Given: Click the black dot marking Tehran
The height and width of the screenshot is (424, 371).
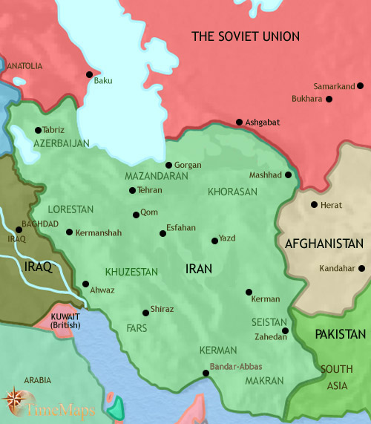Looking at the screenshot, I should [132, 191].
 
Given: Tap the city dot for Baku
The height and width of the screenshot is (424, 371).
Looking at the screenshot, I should [90, 74].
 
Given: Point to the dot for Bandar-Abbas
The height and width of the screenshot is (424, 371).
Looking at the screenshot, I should [206, 374].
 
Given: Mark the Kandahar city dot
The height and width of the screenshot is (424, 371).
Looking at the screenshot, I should [361, 268].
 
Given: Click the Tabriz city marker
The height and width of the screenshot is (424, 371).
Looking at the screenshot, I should [38, 130].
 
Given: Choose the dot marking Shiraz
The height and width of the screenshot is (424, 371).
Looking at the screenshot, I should [145, 312].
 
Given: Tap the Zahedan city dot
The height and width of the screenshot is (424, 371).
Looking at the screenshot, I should [285, 330].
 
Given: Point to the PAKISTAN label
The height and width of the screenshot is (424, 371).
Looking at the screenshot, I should [340, 334].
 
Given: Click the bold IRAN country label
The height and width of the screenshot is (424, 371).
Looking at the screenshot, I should [200, 268].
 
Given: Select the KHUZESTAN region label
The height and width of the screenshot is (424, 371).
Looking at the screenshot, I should [131, 272].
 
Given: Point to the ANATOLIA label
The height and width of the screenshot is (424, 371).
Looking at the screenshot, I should [24, 66].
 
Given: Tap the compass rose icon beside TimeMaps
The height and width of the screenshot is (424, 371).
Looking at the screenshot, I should [14, 402].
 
